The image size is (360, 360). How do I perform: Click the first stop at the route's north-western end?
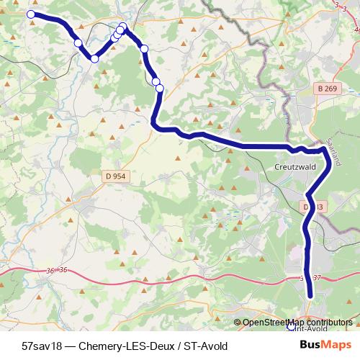pos(31,14)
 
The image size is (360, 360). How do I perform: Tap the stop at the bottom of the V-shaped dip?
pos(94,58)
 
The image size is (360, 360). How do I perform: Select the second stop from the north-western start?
pos(78,43)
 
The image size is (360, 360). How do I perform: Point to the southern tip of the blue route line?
pos(311,294)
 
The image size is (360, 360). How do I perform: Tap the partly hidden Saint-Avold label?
pos(310,328)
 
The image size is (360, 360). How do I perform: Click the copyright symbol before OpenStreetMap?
pos(237,323)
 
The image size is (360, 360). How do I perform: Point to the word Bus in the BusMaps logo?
pos(310,345)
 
